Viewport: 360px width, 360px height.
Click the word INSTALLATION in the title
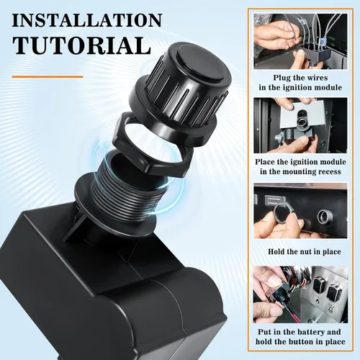pyautogui.click(x=87, y=21)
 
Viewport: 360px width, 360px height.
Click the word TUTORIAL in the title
pyautogui.click(x=82, y=45)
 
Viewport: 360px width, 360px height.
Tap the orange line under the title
pyautogui.click(x=48, y=77)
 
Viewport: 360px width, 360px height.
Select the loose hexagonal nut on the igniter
pyautogui.click(x=153, y=144)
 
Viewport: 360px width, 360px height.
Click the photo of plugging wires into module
pyautogui.click(x=300, y=41)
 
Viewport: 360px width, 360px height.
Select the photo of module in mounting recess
pyautogui.click(x=300, y=125)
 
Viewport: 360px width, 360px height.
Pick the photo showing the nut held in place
pyautogui.click(x=300, y=210)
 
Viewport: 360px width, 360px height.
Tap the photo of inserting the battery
pyautogui.click(x=300, y=294)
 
